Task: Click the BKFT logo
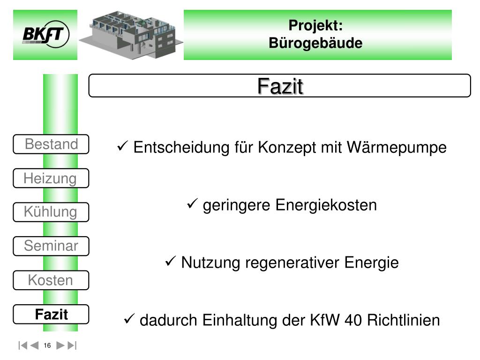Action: [45, 35]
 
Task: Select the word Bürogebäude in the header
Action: [315, 43]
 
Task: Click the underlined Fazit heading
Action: [280, 86]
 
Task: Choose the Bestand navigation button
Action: [51, 144]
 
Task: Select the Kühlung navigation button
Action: [51, 212]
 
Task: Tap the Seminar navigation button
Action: [51, 246]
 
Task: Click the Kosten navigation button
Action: [51, 280]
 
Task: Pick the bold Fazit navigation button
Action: [51, 314]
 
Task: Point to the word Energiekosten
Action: [326, 205]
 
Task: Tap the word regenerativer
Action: [294, 263]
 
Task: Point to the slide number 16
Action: [47, 346]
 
